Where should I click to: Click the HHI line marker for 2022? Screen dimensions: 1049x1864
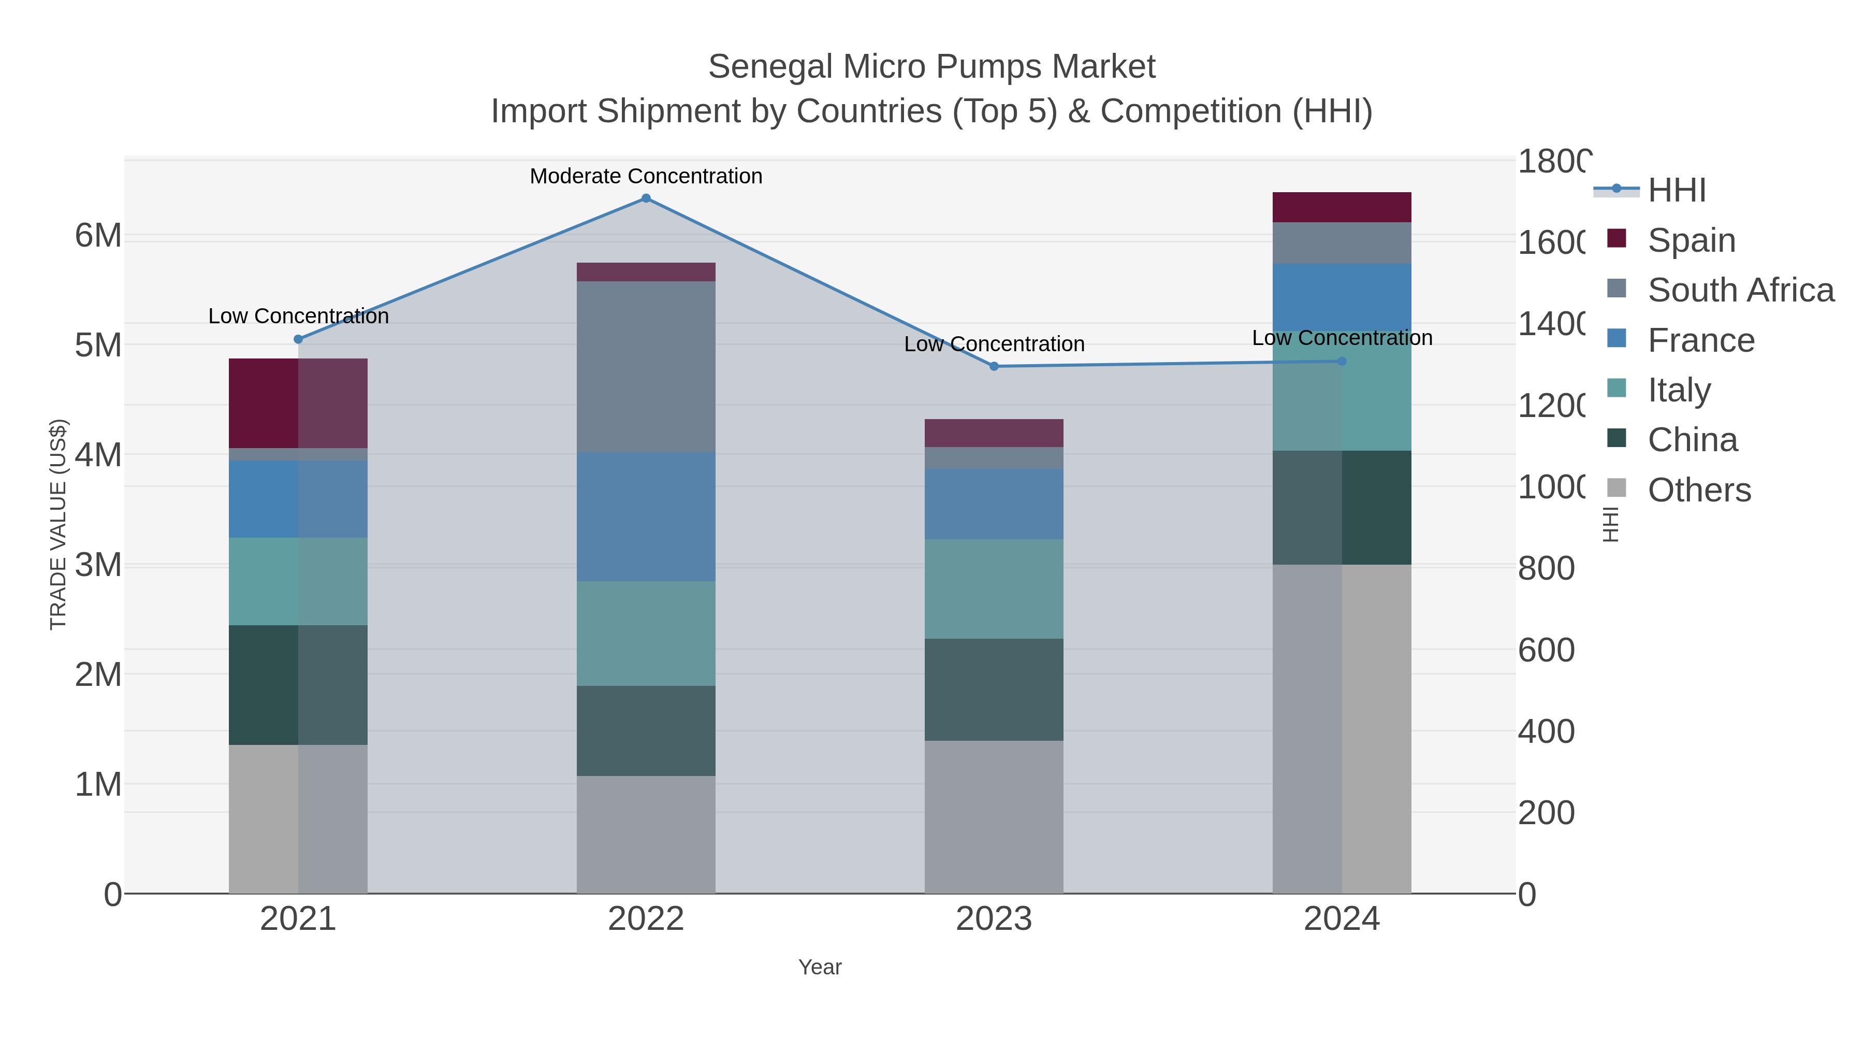click(x=646, y=198)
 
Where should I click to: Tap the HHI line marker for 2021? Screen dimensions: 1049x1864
click(x=298, y=339)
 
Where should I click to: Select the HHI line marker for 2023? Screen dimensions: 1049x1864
click(x=994, y=366)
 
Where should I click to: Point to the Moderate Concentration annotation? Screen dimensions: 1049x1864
click(x=646, y=176)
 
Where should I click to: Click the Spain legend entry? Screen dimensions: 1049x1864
click(x=1691, y=240)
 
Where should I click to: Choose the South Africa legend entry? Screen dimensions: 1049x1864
click(x=1740, y=290)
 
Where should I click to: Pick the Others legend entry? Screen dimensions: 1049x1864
click(x=1699, y=490)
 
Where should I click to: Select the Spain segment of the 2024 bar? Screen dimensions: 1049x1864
click(x=1342, y=207)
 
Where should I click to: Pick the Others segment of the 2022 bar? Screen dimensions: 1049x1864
click(x=646, y=834)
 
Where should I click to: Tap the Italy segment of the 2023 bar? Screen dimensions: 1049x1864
click(x=994, y=588)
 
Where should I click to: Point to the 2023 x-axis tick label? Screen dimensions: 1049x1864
click(x=994, y=918)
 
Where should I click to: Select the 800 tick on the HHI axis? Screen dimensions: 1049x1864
click(x=1546, y=568)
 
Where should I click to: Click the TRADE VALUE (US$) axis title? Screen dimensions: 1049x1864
click(x=58, y=524)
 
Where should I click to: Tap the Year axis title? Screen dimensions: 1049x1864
click(x=820, y=967)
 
